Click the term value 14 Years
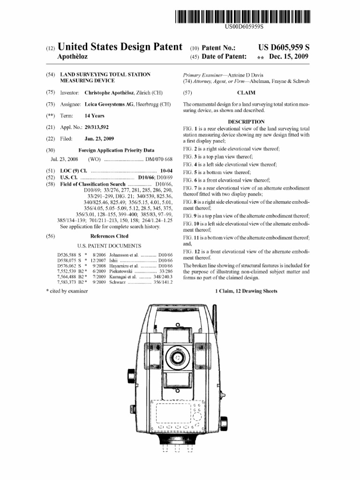point(95,116)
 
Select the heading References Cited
point(109,236)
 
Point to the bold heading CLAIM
point(246,93)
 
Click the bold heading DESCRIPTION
point(246,121)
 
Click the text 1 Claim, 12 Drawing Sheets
point(246,291)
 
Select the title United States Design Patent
point(120,47)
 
